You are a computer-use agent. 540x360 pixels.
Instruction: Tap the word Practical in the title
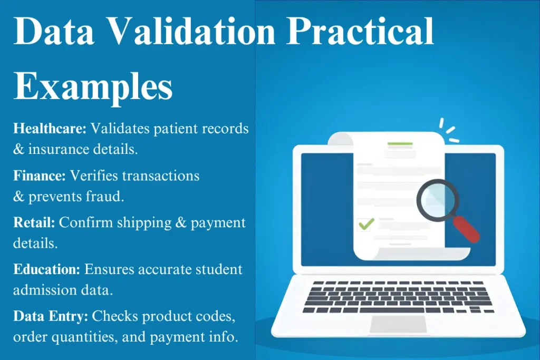point(360,31)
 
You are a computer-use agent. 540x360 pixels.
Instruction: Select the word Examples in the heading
point(93,87)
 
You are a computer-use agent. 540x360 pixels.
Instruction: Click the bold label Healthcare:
point(50,129)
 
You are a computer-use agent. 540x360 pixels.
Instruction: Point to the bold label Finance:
point(39,176)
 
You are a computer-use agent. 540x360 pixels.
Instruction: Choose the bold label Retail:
point(34,222)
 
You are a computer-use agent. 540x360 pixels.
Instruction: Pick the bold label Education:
point(46,269)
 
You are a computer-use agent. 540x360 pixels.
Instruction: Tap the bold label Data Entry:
point(51,316)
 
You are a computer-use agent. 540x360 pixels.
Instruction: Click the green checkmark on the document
point(366,224)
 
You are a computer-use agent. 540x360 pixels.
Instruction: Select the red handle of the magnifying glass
point(466,229)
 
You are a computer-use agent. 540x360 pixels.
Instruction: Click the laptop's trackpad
point(398,324)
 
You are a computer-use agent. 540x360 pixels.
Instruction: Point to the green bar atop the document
point(400,143)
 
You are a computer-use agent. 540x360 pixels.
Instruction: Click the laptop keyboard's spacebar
point(392,310)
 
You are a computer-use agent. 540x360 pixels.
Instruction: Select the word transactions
point(161,176)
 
